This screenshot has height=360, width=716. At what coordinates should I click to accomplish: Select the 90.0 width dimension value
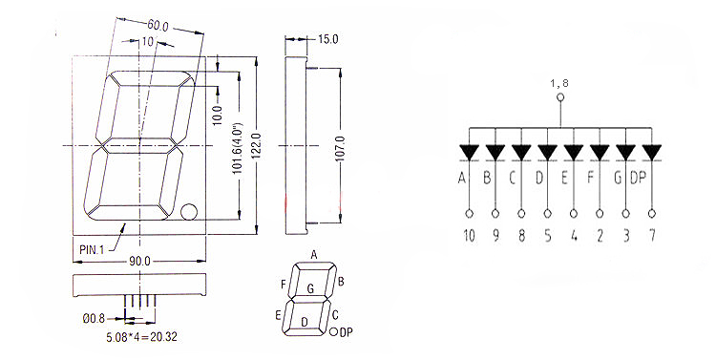pyautogui.click(x=139, y=260)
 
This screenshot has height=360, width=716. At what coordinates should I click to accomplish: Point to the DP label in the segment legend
pyautogui.click(x=347, y=332)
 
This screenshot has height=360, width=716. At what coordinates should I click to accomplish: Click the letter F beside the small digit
pyautogui.click(x=283, y=284)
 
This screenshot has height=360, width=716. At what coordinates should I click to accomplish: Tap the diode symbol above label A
pyautogui.click(x=469, y=152)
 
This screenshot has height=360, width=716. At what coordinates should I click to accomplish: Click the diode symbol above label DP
pyautogui.click(x=651, y=152)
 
